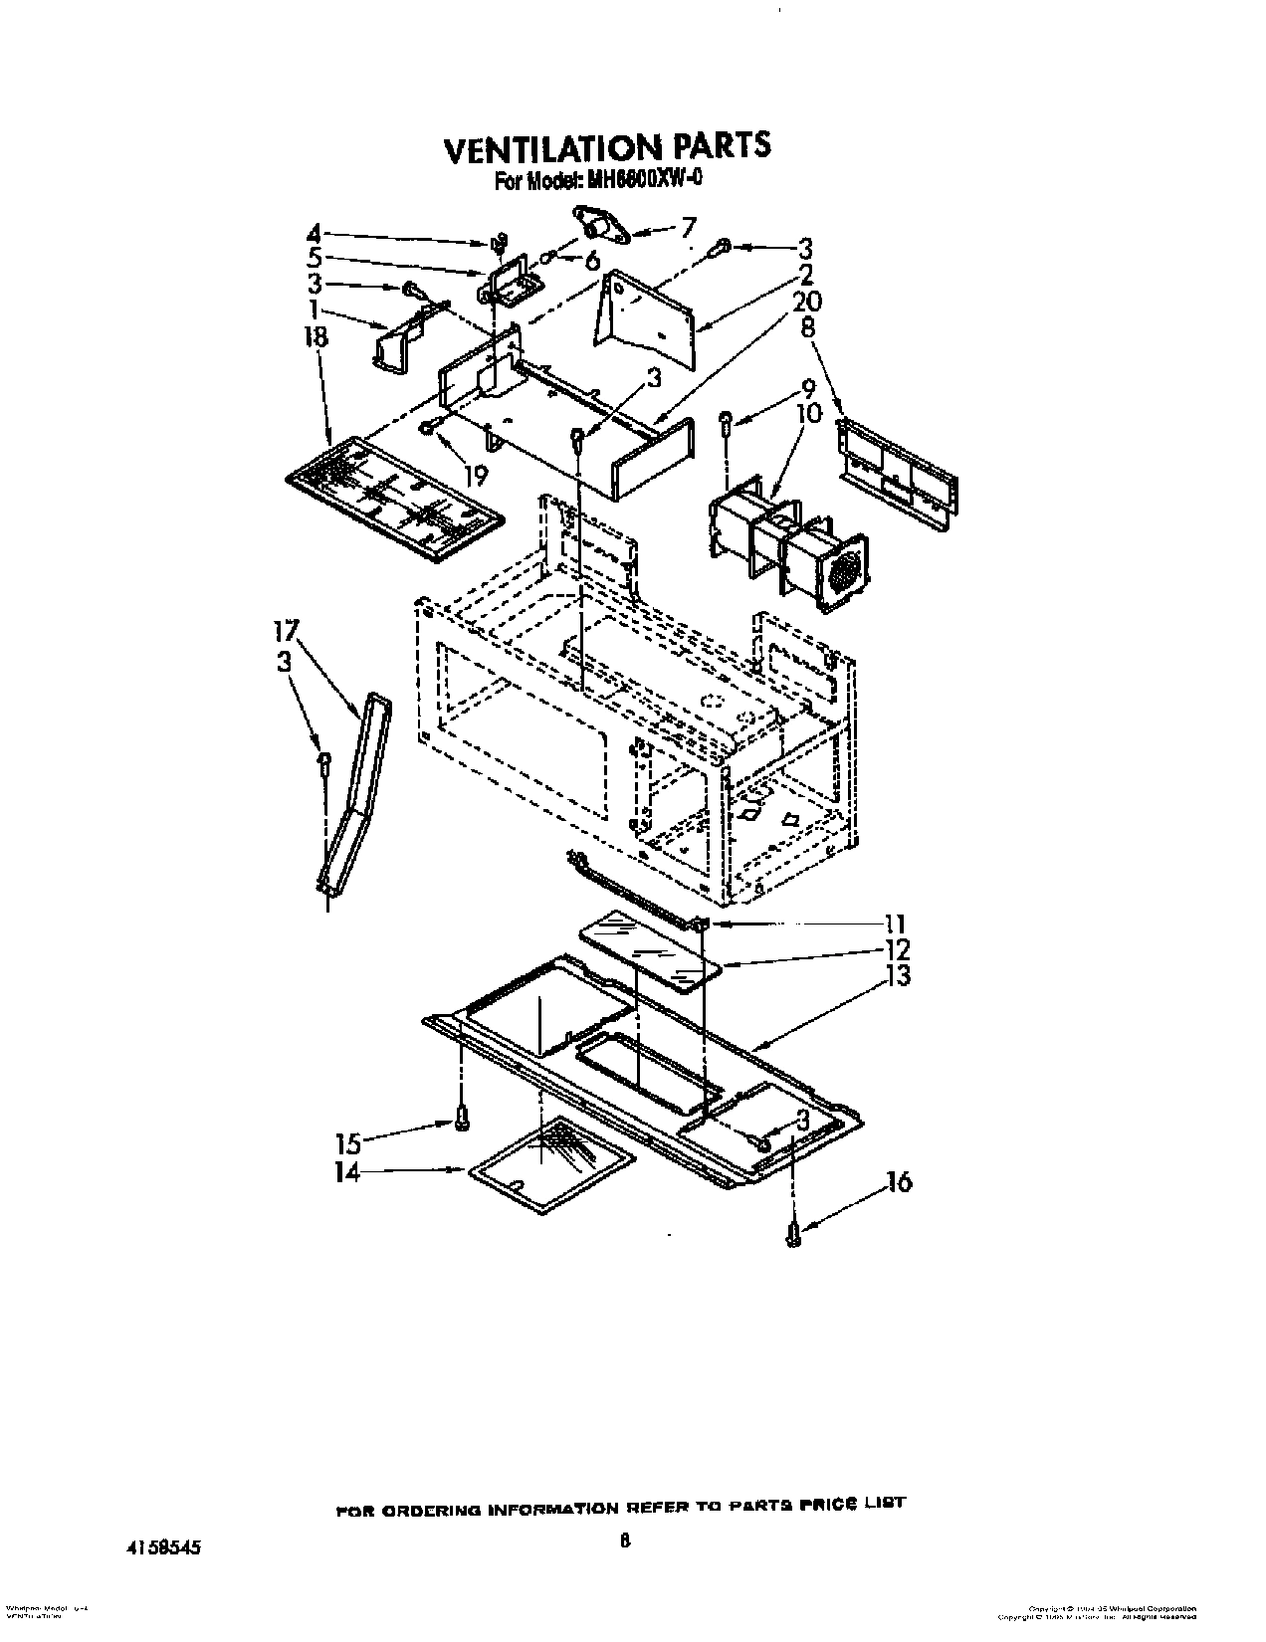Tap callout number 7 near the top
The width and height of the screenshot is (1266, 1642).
coord(689,226)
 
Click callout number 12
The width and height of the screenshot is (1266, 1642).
coord(897,949)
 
